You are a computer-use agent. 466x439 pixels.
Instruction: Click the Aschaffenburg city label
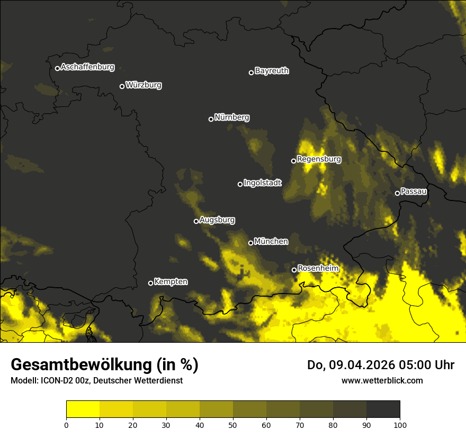click(x=87, y=67)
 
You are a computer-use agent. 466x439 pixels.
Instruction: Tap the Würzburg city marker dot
click(x=122, y=86)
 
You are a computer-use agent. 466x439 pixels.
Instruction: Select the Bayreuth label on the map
click(x=272, y=71)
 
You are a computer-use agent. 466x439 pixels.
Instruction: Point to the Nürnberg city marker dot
click(x=211, y=119)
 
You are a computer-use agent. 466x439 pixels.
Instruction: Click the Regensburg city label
click(x=319, y=159)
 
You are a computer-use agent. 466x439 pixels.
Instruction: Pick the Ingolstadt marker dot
click(x=240, y=184)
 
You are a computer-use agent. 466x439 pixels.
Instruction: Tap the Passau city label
click(x=414, y=191)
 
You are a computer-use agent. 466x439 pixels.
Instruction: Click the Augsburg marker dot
click(x=196, y=221)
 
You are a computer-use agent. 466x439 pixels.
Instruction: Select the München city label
click(x=271, y=242)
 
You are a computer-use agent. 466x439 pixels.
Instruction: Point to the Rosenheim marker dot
click(x=294, y=270)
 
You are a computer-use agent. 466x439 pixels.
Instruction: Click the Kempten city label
click(x=171, y=282)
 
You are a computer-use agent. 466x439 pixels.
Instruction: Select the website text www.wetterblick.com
click(x=382, y=380)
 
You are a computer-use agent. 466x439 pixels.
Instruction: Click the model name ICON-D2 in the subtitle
click(x=57, y=381)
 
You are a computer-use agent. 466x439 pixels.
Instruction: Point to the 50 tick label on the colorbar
click(x=233, y=424)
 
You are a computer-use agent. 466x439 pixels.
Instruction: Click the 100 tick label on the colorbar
click(x=399, y=424)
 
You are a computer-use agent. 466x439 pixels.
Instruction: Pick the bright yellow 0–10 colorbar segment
click(x=83, y=409)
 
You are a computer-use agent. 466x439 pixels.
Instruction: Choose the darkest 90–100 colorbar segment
click(x=383, y=409)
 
